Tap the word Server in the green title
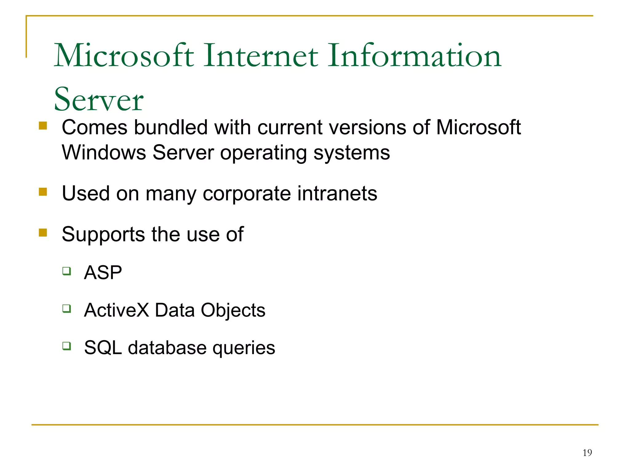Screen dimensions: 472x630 [98, 100]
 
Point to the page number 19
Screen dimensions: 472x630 [587, 453]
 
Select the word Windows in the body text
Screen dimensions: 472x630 [104, 152]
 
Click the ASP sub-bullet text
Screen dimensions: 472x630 [103, 273]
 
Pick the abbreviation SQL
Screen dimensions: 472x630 [103, 348]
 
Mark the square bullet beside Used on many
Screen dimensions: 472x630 [43, 192]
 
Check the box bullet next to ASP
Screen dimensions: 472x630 [66, 271]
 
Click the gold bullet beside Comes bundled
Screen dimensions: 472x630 [43, 126]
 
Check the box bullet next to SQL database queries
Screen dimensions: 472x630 [66, 346]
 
